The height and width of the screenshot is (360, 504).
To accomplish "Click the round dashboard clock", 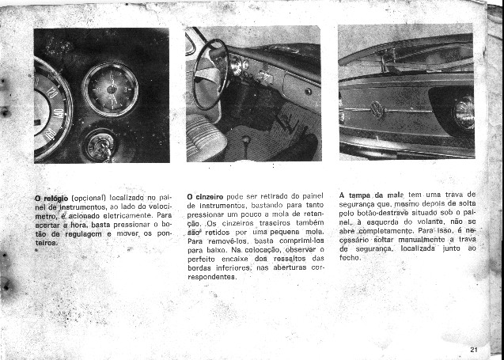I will [x=110, y=89].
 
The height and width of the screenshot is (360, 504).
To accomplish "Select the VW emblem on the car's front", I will [x=377, y=110].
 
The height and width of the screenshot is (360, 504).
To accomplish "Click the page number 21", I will [x=473, y=349].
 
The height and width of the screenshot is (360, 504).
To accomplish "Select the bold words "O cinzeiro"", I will [x=205, y=196].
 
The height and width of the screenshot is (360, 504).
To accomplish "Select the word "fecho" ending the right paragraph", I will [x=350, y=258].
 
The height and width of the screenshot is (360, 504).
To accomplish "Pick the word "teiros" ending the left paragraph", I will [x=47, y=244].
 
